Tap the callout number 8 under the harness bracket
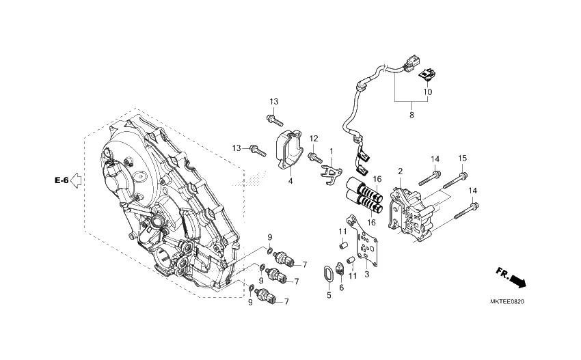[x=411, y=116]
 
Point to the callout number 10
[x=427, y=92]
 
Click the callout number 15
[x=462, y=158]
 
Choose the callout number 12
[x=314, y=139]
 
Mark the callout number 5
[x=328, y=295]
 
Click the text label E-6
[x=62, y=180]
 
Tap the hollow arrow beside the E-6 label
[x=77, y=180]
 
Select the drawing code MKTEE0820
[x=511, y=301]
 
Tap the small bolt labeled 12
[x=314, y=158]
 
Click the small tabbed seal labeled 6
[x=341, y=269]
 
